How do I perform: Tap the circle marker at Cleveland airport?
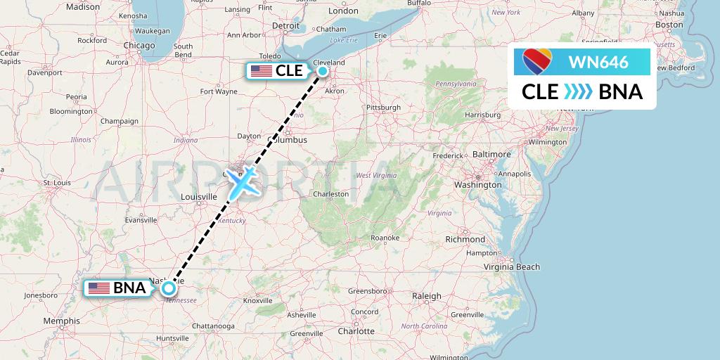323,70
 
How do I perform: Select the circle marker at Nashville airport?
169,287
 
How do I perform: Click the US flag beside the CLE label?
262,70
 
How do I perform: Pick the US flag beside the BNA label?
99,288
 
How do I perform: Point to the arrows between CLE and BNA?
579,92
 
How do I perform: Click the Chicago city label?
139,45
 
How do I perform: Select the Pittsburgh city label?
383,108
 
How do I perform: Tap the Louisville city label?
199,197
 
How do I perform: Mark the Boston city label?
669,25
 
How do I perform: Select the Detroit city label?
286,25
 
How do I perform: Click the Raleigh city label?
426,296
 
